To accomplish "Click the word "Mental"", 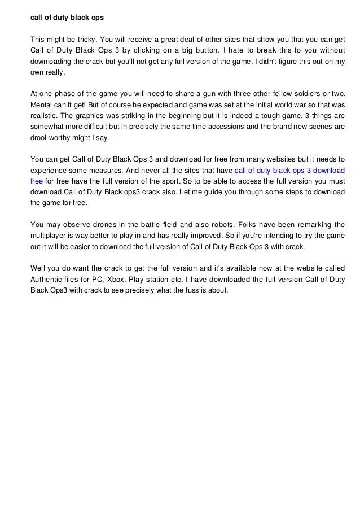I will pyautogui.click(x=41, y=104).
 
